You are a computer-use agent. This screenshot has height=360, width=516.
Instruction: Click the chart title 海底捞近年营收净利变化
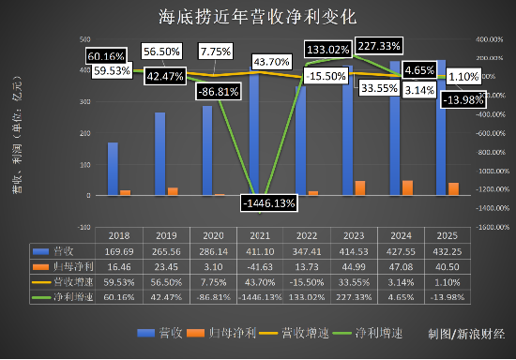[x=258, y=17]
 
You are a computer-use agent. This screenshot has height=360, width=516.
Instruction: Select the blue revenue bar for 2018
[x=114, y=170]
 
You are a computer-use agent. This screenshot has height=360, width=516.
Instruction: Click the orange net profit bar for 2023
[x=360, y=187]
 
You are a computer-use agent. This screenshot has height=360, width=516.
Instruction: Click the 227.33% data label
[x=383, y=45]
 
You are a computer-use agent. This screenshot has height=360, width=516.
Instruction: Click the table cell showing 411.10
[x=260, y=252]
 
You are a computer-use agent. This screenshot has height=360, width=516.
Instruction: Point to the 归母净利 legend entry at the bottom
[x=215, y=333]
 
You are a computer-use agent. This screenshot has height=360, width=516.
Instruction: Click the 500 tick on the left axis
[x=85, y=40]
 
